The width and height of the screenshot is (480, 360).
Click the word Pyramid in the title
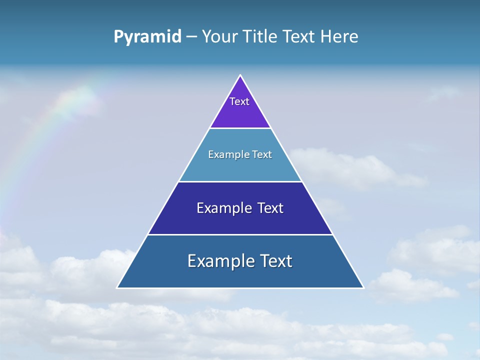[x=147, y=36]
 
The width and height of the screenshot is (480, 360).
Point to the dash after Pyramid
[x=191, y=37]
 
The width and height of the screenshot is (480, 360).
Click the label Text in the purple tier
[x=239, y=101]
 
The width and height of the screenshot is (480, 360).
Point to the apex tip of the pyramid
[x=240, y=76]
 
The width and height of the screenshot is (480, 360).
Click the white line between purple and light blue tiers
[x=240, y=128]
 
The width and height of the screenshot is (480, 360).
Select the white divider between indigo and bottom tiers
[x=240, y=234]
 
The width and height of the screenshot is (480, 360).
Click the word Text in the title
[x=299, y=36]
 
